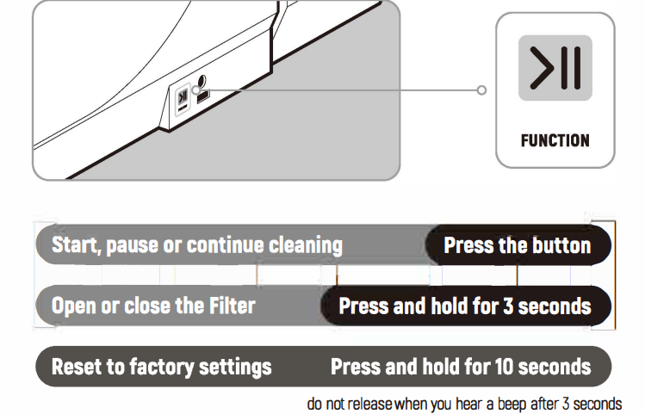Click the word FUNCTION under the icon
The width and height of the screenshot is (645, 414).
pyautogui.click(x=555, y=140)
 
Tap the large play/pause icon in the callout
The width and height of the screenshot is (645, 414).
pyautogui.click(x=555, y=69)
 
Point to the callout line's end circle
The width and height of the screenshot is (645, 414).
pyautogui.click(x=481, y=90)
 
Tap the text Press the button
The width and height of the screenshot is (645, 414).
pyautogui.click(x=517, y=245)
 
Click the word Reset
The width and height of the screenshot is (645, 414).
pyautogui.click(x=76, y=367)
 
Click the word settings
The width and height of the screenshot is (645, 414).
pyautogui.click(x=236, y=367)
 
